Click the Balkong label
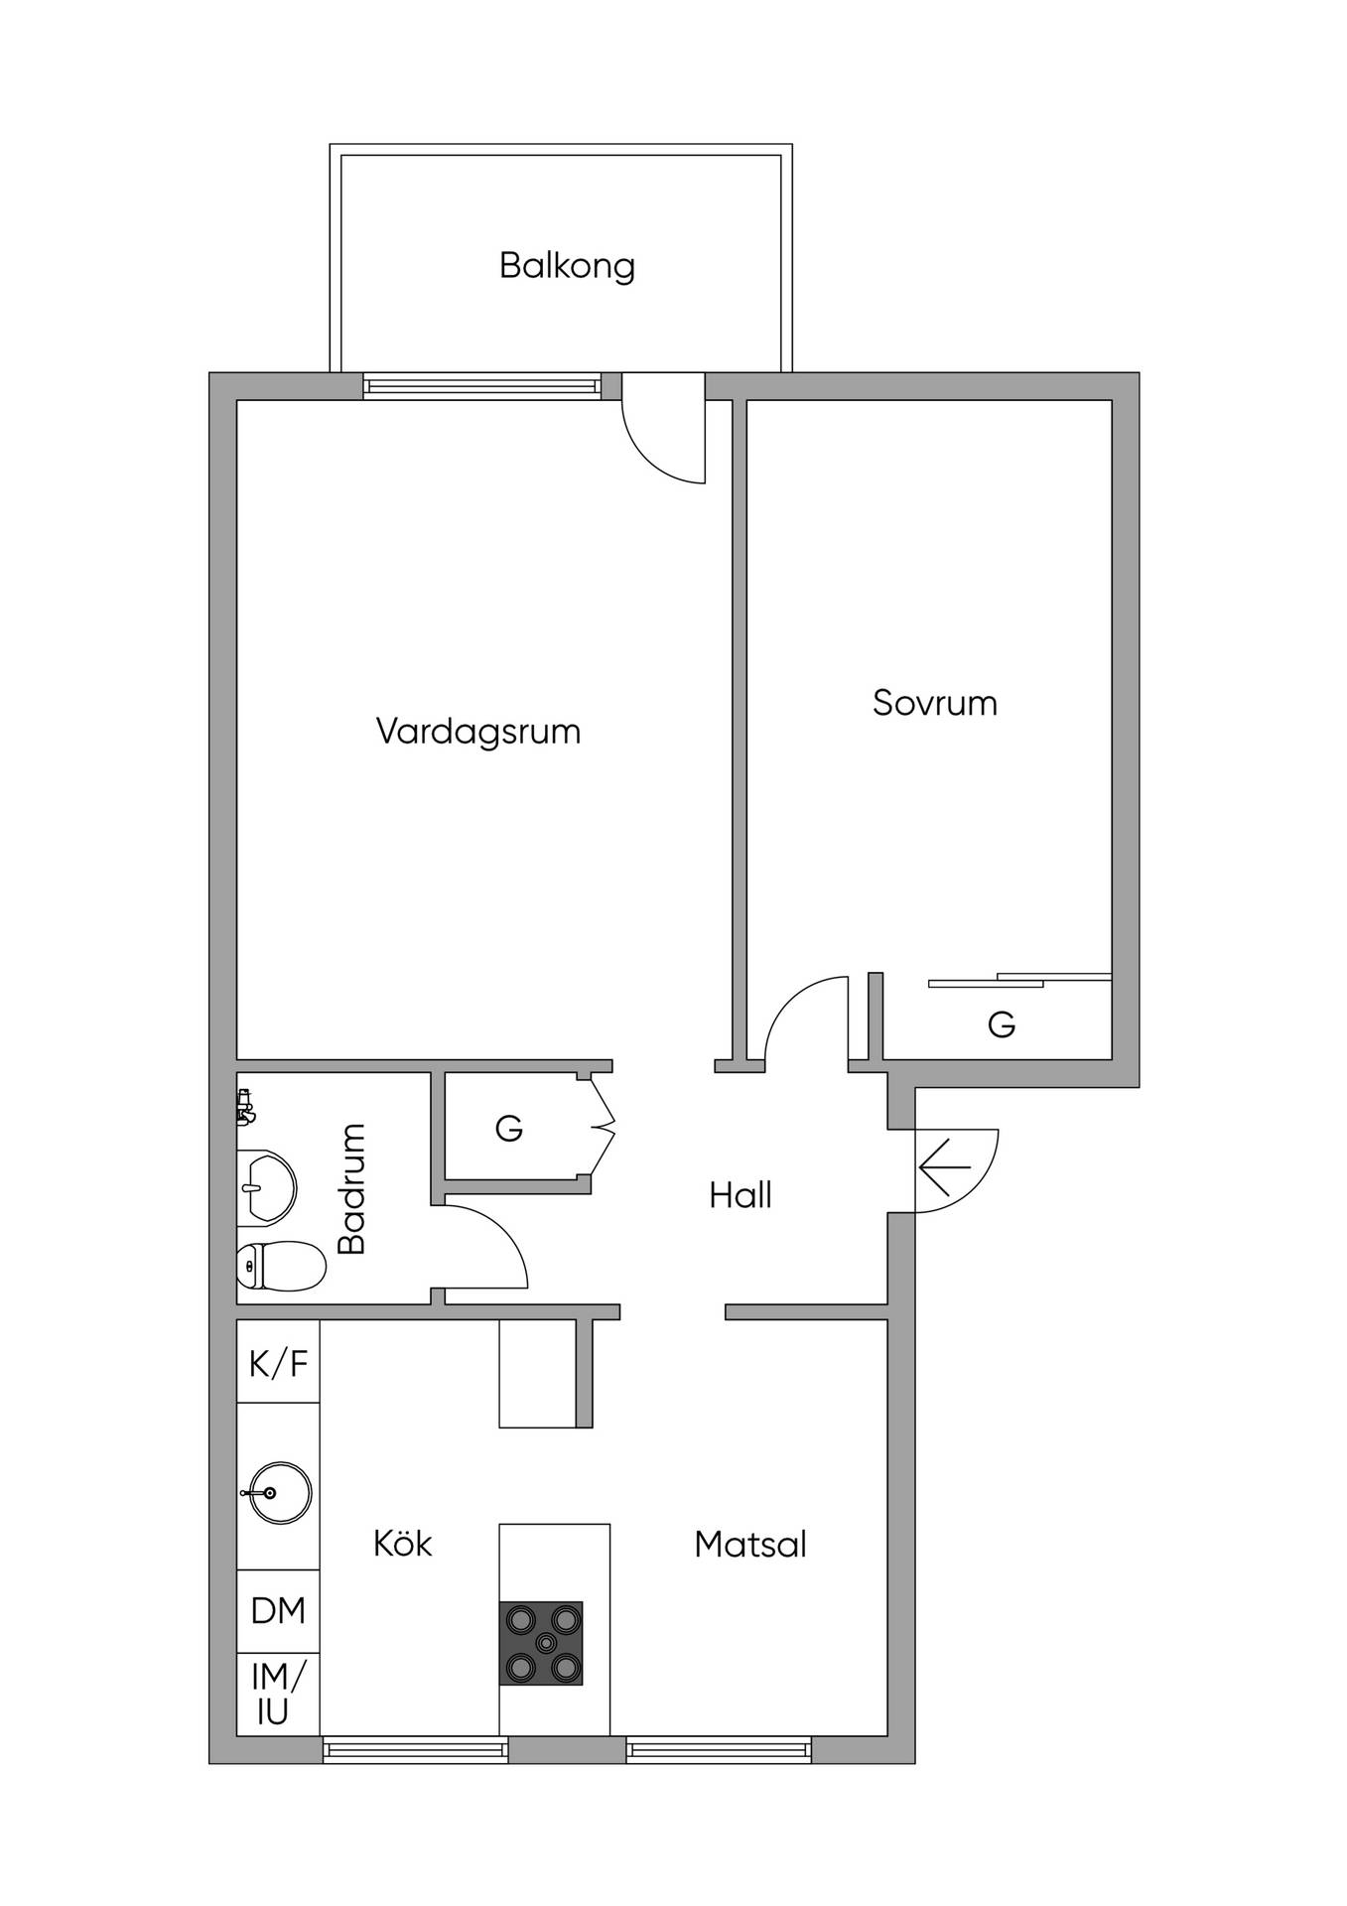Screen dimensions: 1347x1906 click(567, 266)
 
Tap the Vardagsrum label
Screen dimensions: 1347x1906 click(478, 733)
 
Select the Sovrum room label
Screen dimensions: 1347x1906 click(935, 704)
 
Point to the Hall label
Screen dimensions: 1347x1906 click(741, 1195)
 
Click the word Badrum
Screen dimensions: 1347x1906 click(352, 1188)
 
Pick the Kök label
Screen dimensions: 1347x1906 click(403, 1544)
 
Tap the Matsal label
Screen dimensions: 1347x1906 click(750, 1545)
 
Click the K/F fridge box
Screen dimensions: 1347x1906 click(278, 1362)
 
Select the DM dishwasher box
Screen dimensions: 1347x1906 click(278, 1611)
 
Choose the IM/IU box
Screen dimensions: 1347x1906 click(278, 1695)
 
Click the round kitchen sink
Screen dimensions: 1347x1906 click(277, 1492)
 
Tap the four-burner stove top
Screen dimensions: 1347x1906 click(541, 1643)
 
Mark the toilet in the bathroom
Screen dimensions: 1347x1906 click(282, 1266)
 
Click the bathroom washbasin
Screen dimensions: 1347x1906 click(266, 1188)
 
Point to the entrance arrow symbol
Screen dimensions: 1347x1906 click(945, 1167)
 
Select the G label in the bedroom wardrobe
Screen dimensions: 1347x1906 click(1002, 1023)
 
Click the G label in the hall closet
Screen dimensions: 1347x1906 click(509, 1128)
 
